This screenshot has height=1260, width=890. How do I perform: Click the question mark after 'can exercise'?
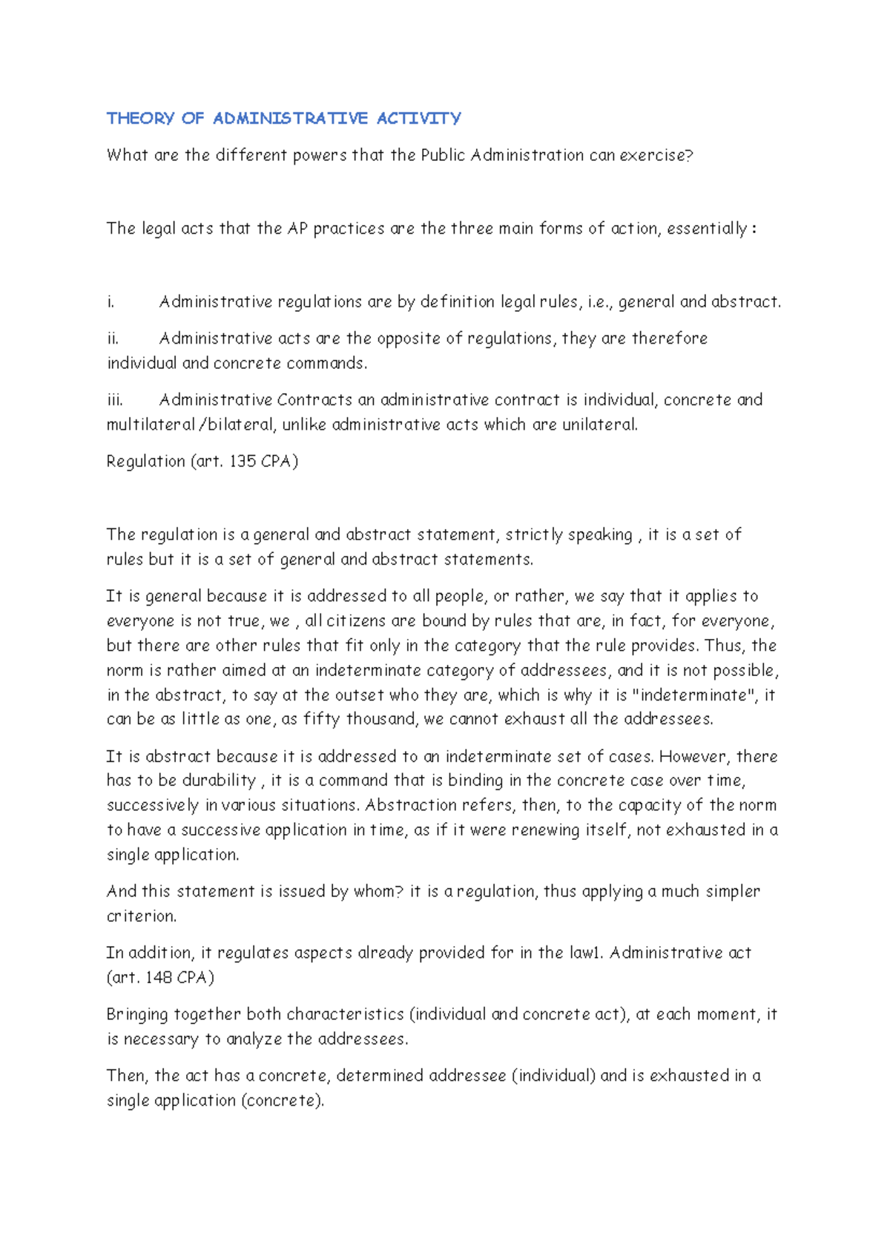click(689, 155)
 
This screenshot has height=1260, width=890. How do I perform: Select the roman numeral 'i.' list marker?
click(111, 302)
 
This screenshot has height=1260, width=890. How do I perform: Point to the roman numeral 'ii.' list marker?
click(113, 338)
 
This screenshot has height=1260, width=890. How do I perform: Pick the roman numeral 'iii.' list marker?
click(115, 400)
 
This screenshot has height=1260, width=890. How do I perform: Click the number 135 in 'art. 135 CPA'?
click(243, 462)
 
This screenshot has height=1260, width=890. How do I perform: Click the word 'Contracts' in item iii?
click(314, 400)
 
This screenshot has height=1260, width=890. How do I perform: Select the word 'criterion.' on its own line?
click(142, 916)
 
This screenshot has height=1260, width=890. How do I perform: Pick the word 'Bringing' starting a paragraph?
click(137, 1014)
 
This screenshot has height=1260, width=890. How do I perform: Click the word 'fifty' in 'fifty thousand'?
click(321, 719)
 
